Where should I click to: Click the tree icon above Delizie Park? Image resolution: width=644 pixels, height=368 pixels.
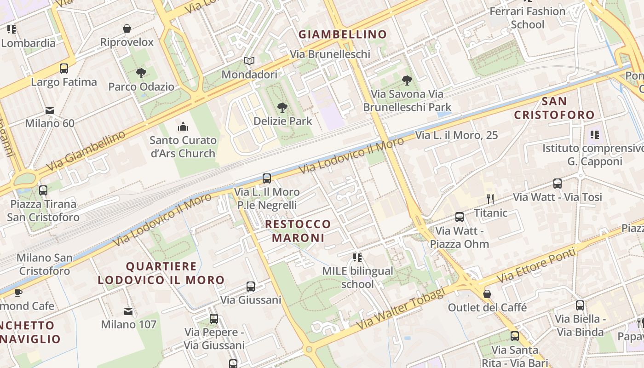282,108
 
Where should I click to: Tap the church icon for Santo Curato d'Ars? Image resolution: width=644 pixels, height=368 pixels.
183,126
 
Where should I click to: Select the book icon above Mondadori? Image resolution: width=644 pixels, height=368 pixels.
249,61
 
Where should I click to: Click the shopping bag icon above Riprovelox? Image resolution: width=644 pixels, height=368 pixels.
127,29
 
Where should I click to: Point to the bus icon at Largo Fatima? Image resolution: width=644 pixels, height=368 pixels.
64,69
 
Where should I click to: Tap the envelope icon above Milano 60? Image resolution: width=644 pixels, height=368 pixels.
50,110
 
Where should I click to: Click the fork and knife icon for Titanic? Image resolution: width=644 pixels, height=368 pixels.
490,199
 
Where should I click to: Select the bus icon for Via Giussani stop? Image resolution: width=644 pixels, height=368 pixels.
251,287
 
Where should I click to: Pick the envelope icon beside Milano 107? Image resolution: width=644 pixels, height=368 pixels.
128,311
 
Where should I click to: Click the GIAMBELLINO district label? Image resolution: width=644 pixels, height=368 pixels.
343,34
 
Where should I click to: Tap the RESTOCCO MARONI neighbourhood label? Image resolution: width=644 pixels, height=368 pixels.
298,231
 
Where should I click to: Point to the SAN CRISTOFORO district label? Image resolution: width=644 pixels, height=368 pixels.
554,108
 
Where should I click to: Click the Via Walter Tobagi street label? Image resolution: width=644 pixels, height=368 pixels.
401,308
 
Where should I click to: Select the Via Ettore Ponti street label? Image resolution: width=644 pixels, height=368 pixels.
536,265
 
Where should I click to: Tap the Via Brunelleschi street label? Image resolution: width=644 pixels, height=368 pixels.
330,54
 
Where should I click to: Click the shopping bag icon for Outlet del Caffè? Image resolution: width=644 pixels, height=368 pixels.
487,293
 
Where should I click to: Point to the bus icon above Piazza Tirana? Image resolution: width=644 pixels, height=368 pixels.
43,190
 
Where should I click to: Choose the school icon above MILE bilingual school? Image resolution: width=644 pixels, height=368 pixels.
357,258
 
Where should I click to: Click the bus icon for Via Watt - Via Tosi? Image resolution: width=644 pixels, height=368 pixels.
558,184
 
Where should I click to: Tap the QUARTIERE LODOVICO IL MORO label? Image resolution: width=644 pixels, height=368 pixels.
161,273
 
